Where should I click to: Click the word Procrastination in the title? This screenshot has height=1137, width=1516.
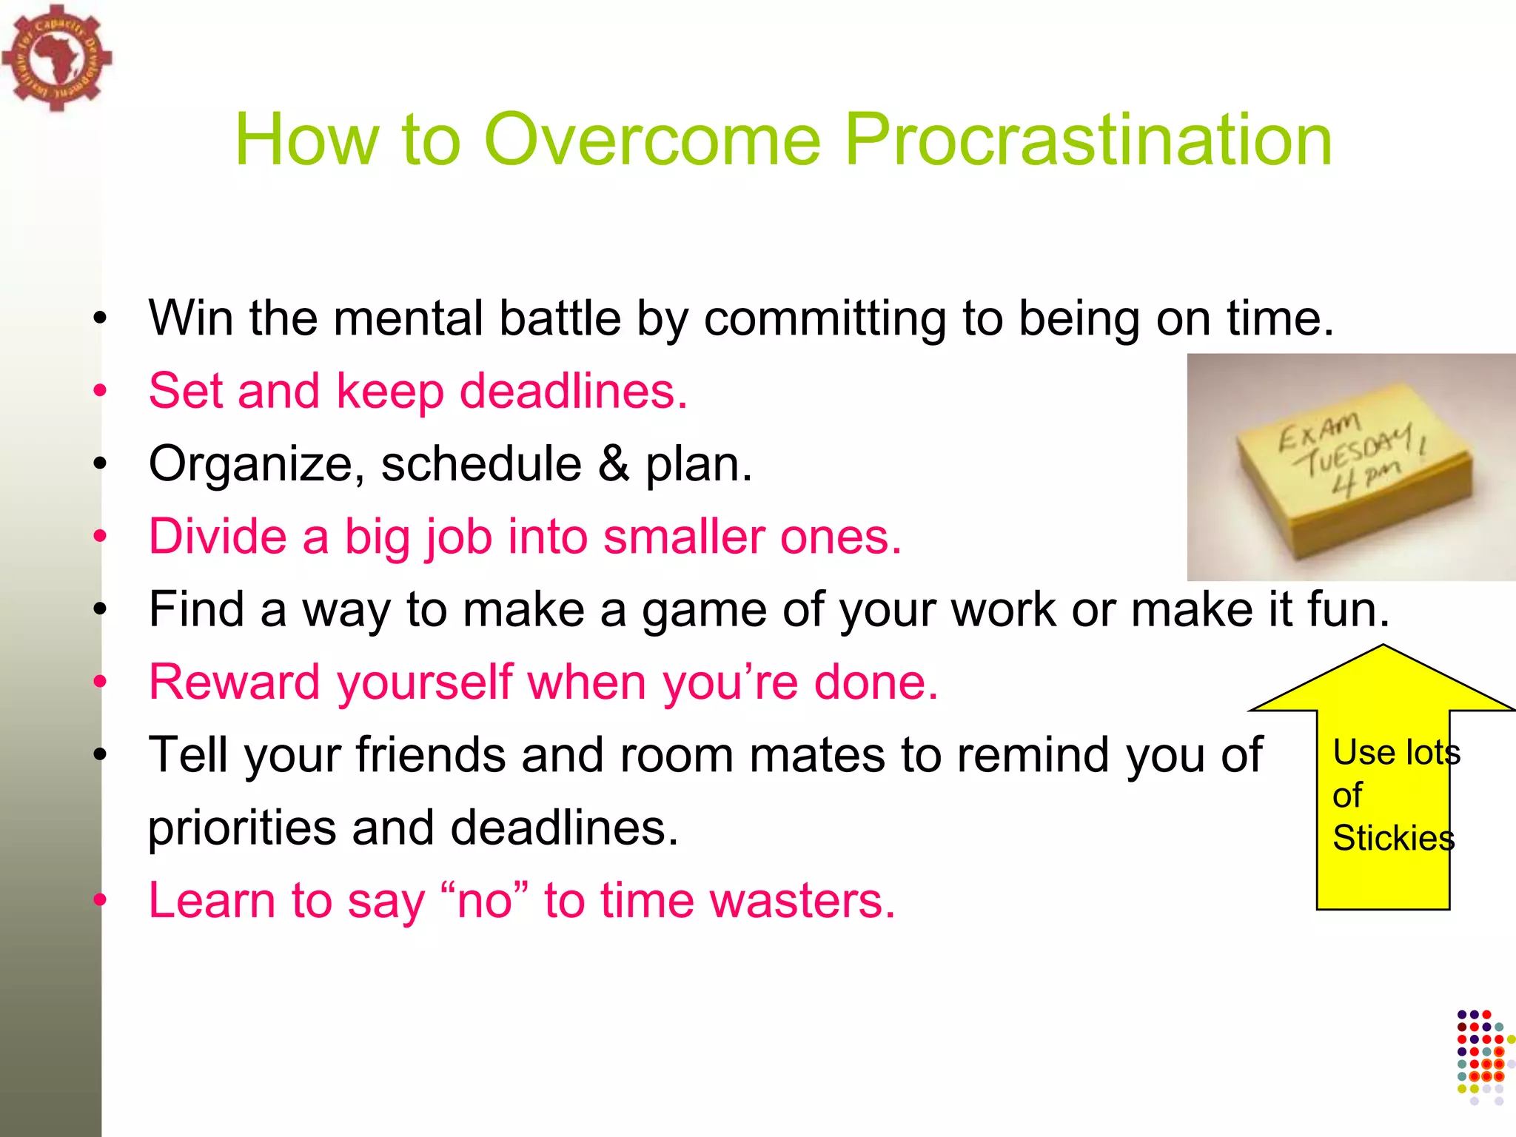tap(1087, 141)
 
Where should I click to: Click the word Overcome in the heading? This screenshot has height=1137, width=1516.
tap(652, 141)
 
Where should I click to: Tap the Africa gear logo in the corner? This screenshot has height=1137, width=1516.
tap(56, 58)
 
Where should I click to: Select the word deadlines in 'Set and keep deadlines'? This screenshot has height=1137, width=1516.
tap(574, 392)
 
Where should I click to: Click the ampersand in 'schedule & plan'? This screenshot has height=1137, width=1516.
tap(614, 464)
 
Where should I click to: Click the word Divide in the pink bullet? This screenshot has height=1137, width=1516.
tap(218, 537)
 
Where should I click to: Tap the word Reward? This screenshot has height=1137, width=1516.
tap(233, 682)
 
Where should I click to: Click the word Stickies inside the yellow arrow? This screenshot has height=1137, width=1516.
tap(1393, 839)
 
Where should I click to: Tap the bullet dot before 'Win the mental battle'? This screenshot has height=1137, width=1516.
tap(101, 320)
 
